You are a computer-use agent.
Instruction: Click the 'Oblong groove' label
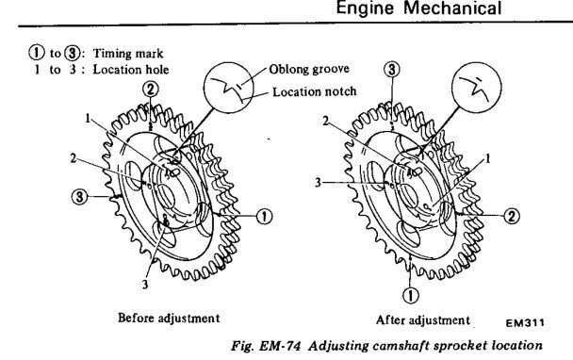coord(309,69)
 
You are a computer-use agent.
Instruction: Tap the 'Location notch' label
coord(315,91)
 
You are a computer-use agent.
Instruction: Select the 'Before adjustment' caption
coord(169,318)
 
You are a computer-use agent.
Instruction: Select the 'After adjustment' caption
coord(423,320)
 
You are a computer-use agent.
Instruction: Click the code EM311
coord(525,322)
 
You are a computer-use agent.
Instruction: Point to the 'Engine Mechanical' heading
coord(418,8)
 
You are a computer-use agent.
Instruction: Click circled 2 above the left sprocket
coord(151,90)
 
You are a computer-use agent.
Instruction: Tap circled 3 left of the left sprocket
coord(79,197)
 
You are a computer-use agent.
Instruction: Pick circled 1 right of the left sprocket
coord(264,217)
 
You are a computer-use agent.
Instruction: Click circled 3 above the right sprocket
coord(392,69)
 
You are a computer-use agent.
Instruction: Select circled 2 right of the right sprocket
coord(512,216)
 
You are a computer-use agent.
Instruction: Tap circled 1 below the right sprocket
coord(411,295)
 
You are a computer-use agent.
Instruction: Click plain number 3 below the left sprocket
coord(145,284)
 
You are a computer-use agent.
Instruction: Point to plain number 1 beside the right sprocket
coord(487,158)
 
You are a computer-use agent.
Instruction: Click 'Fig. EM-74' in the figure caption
coord(266,345)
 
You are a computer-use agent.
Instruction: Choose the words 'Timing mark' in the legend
coord(128,54)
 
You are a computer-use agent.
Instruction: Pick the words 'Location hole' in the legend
coord(131,69)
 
